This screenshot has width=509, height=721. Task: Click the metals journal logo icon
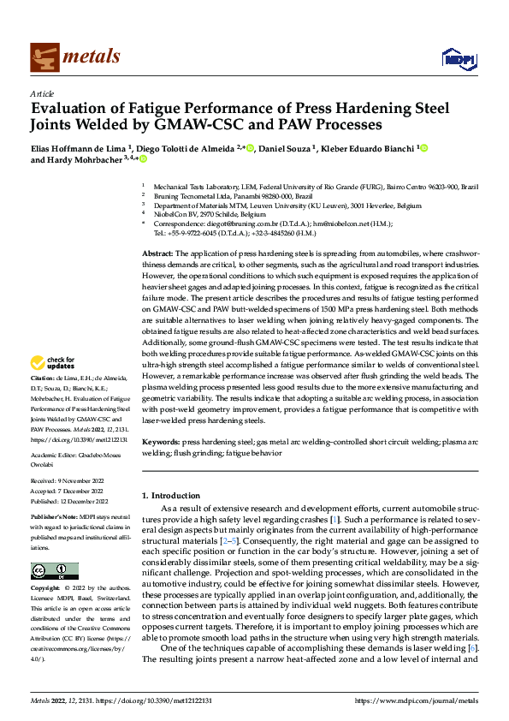click(x=43, y=57)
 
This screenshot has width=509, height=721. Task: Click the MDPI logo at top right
click(x=454, y=57)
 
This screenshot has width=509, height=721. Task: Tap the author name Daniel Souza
click(x=285, y=148)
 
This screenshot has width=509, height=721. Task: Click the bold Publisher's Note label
click(x=55, y=518)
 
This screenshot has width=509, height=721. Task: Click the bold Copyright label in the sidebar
click(x=45, y=590)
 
